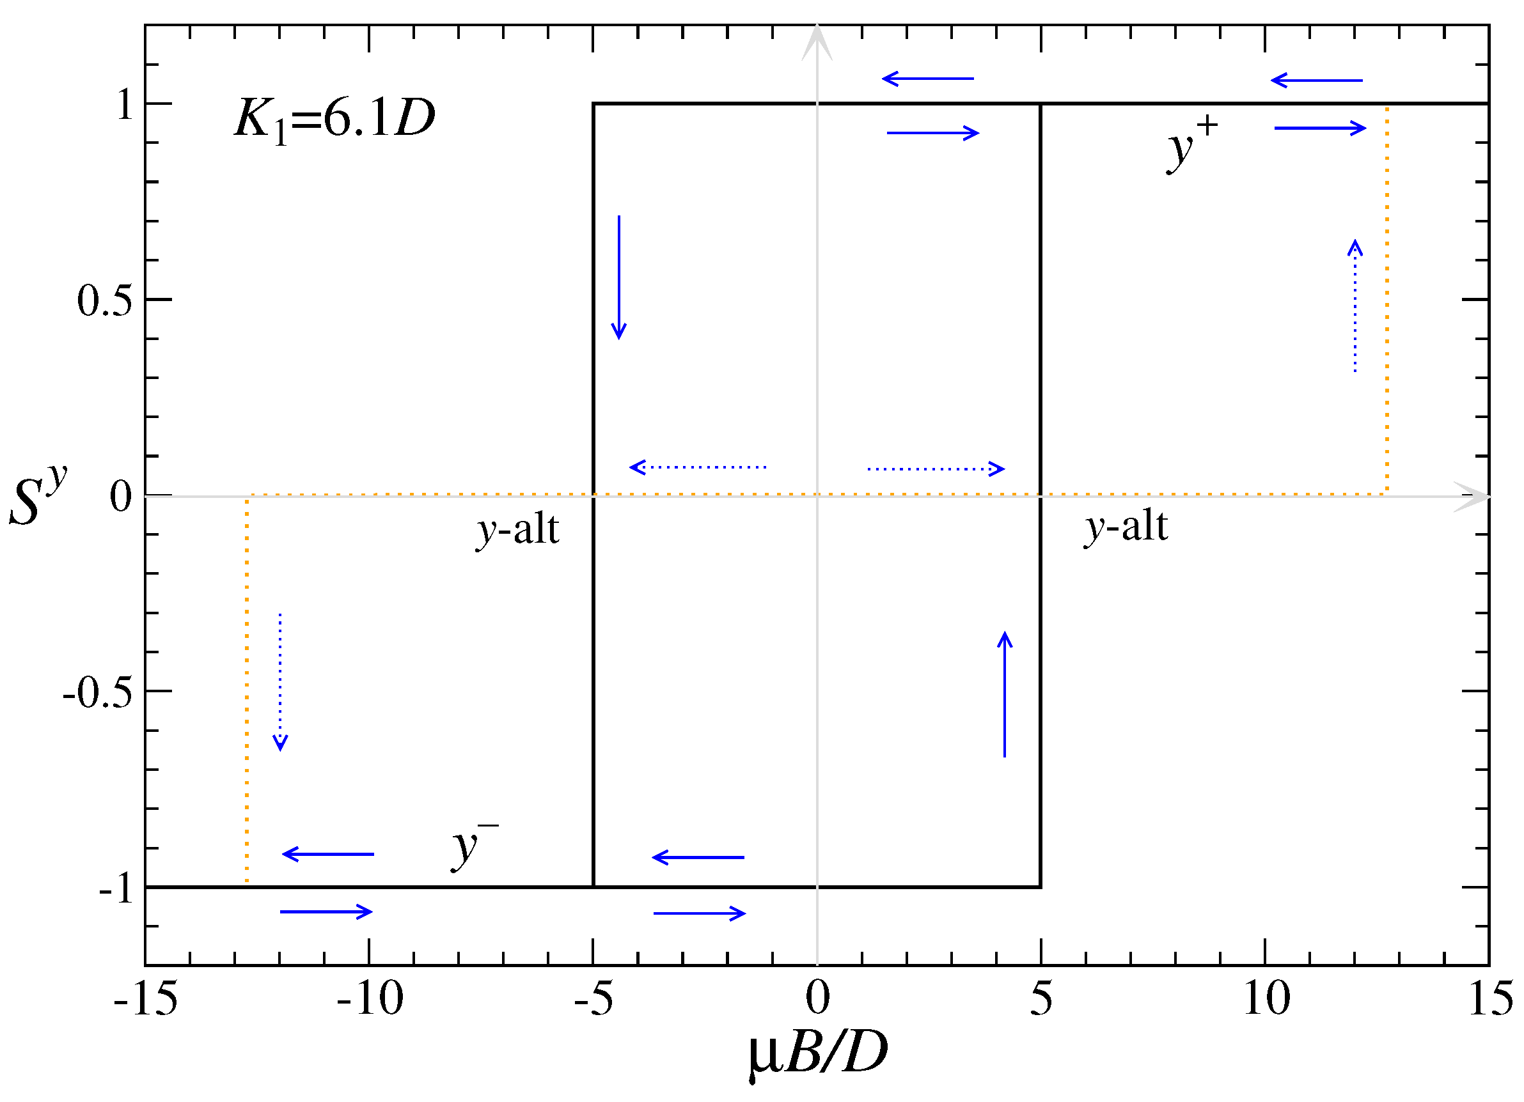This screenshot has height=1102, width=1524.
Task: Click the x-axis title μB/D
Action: click(818, 1053)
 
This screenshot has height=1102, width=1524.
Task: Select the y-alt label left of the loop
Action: click(517, 530)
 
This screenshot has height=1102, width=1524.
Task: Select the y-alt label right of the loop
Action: click(1126, 527)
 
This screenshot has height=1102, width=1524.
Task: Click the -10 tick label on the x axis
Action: click(370, 998)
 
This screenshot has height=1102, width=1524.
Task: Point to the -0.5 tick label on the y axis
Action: click(98, 692)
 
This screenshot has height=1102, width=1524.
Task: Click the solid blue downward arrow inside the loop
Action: click(619, 277)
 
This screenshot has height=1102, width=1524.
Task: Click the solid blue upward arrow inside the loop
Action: click(1005, 694)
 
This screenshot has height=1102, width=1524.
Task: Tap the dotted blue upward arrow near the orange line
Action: click(1355, 306)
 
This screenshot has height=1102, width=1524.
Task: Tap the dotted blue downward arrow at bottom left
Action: click(280, 681)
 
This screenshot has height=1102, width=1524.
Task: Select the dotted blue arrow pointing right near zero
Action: click(936, 469)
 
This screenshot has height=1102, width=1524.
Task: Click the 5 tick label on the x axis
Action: click(1041, 998)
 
